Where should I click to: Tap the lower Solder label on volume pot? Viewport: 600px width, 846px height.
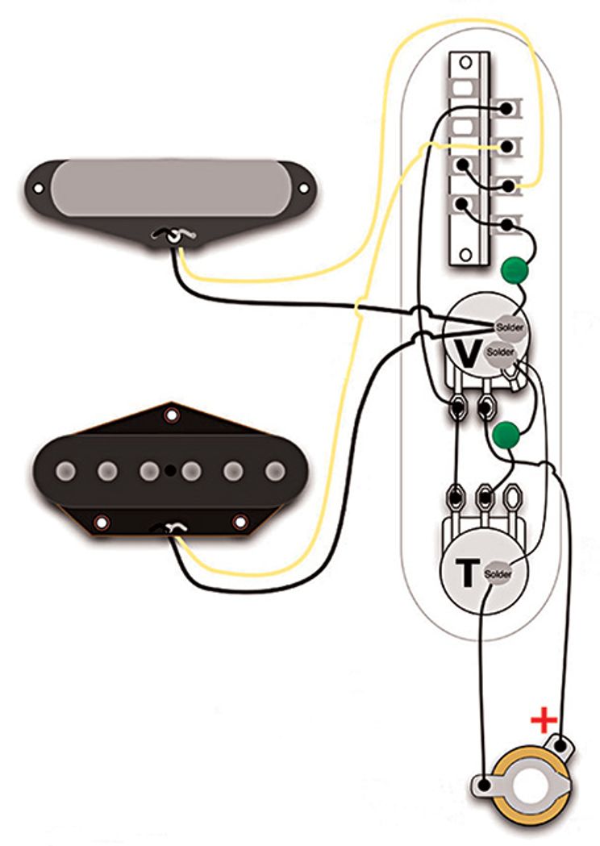(x=500, y=352)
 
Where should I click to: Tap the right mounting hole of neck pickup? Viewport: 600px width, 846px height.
(x=304, y=189)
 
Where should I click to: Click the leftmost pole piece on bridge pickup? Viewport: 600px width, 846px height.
(x=67, y=469)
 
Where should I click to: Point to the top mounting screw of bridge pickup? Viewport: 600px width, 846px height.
(x=170, y=416)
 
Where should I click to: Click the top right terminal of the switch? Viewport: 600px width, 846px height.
(x=507, y=107)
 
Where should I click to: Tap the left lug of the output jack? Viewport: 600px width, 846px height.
(x=484, y=784)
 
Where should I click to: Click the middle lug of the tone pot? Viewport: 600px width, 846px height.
(x=485, y=493)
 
